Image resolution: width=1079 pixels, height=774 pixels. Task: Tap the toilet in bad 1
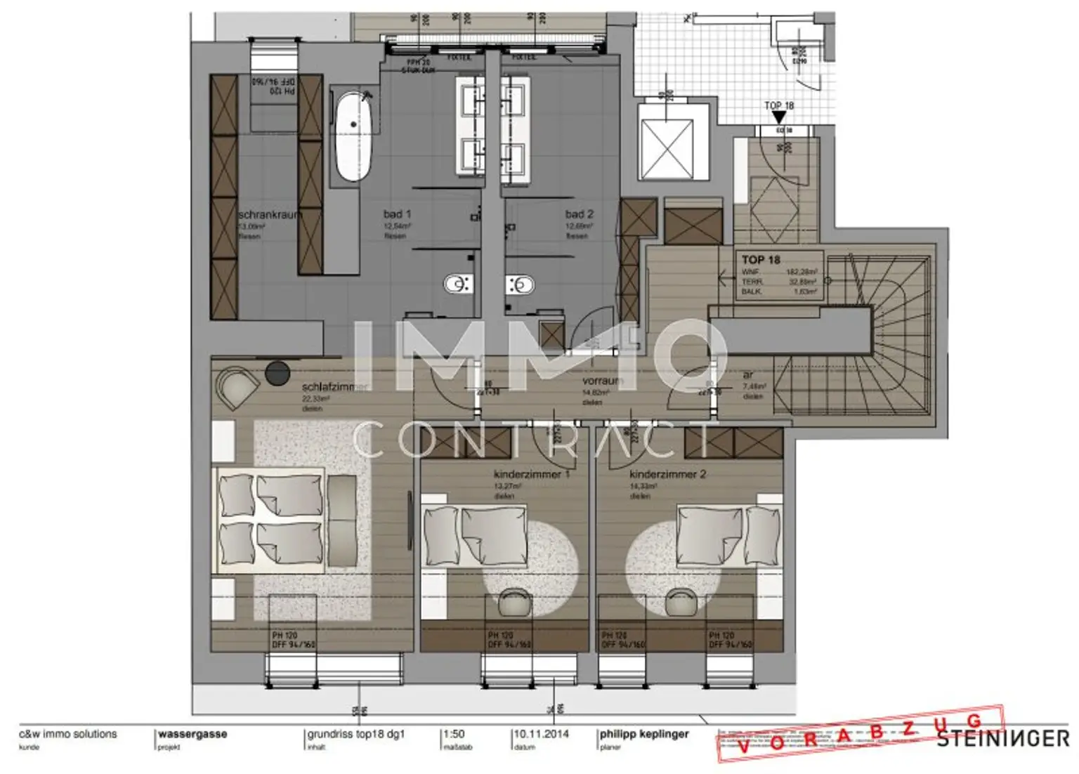458,284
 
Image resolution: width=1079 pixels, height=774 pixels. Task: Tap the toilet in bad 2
520,284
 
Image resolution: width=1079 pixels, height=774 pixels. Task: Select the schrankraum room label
269,215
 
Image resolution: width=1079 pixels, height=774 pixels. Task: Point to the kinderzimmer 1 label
531,474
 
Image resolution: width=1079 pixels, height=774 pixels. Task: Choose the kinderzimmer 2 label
667,474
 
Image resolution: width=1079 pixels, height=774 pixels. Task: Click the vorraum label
602,381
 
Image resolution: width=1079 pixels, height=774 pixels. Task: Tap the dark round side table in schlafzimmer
277,373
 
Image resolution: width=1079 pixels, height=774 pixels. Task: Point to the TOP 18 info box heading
761,260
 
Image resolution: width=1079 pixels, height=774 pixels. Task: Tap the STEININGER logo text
1002,739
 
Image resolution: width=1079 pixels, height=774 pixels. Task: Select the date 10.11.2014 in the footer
541,734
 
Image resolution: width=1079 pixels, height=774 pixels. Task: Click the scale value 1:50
454,734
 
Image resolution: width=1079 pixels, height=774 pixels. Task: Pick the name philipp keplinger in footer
644,734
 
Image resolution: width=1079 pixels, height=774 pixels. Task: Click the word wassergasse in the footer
192,734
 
